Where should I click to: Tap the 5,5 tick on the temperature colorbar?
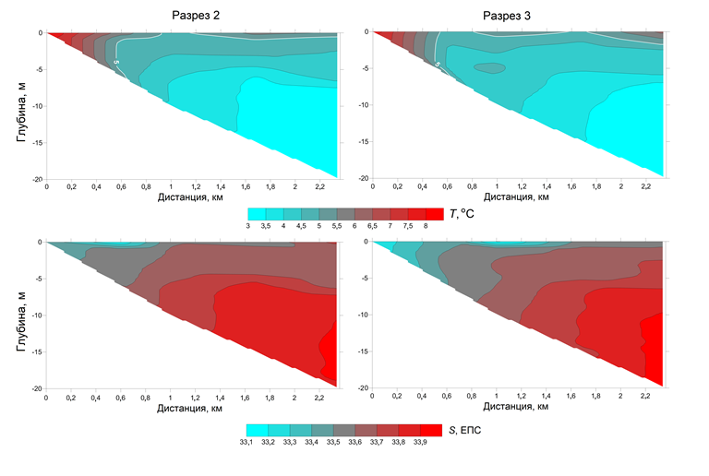pos(338,227)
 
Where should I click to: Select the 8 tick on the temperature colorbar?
pos(426,227)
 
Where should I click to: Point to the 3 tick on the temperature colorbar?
pos(248,227)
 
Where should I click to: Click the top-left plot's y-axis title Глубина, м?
pos(20,104)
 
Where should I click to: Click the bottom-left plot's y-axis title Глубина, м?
pos(20,315)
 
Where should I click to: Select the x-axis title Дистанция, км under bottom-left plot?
pos(191,407)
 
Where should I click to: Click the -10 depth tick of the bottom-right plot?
pos(361,315)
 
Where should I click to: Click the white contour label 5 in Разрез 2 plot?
pos(117,62)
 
